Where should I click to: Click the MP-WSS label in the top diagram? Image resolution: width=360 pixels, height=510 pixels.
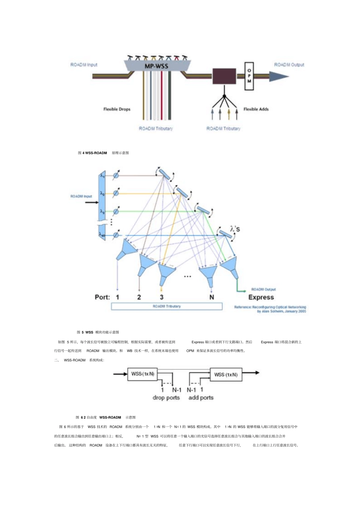tap(156, 66)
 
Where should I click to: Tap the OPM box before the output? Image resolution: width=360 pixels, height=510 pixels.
tap(249, 76)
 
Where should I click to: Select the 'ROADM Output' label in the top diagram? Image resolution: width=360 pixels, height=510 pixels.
tap(289, 65)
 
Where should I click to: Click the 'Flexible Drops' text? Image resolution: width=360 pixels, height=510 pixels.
tap(117, 109)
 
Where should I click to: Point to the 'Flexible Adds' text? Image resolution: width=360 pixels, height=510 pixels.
tap(256, 109)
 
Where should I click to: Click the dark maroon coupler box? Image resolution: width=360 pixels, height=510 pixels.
tap(224, 76)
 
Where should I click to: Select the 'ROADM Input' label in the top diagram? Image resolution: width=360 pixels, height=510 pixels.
tap(84, 65)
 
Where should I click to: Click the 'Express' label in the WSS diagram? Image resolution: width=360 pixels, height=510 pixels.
tap(261, 297)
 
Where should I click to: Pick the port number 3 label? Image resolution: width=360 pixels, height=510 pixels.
tap(161, 297)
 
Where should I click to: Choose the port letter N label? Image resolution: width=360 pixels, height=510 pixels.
tap(211, 297)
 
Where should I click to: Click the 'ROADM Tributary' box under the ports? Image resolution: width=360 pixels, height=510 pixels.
tap(167, 306)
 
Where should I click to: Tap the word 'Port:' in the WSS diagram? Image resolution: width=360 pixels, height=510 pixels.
tap(102, 297)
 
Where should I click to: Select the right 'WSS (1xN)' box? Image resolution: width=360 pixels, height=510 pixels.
tap(225, 375)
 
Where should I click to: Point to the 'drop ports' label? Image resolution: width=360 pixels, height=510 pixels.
tap(166, 398)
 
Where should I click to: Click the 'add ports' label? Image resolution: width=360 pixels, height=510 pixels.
tap(201, 398)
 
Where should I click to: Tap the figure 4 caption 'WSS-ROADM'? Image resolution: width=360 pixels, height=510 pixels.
tap(96, 153)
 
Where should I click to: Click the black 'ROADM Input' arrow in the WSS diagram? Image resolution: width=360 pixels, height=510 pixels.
tap(91, 202)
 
